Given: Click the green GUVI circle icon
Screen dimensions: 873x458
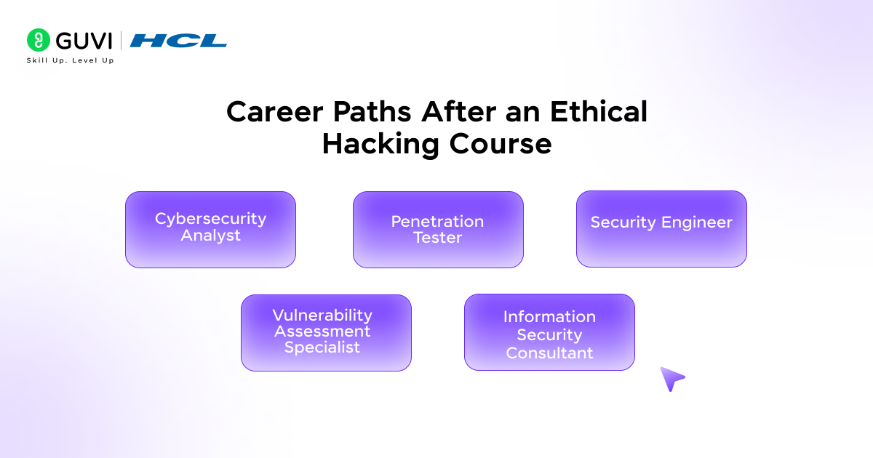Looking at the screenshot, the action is pyautogui.click(x=38, y=40).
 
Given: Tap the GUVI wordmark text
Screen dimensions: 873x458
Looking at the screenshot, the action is pyautogui.click(x=84, y=41).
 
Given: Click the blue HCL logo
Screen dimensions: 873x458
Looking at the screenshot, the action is pyautogui.click(x=178, y=41).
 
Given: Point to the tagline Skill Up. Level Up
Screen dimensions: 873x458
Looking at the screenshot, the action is pyautogui.click(x=70, y=60).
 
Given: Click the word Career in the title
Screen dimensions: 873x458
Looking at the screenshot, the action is pyautogui.click(x=275, y=112).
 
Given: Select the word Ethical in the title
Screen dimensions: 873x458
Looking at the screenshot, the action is pyautogui.click(x=599, y=111).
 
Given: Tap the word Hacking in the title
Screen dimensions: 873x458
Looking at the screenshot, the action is pyautogui.click(x=380, y=145).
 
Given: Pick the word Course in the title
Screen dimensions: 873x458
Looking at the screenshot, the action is pyautogui.click(x=501, y=144).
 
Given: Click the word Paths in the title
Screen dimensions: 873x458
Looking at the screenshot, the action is pyautogui.click(x=372, y=112).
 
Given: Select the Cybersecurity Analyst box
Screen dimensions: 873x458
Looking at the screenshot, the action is pyautogui.click(x=210, y=230).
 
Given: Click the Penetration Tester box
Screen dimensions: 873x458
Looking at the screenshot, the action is pyautogui.click(x=438, y=230).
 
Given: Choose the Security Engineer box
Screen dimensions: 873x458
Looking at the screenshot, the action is pyautogui.click(x=661, y=229).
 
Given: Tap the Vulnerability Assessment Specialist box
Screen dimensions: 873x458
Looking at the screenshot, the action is pyautogui.click(x=326, y=333).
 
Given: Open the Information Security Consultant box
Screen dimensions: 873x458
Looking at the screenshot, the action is pyautogui.click(x=549, y=332).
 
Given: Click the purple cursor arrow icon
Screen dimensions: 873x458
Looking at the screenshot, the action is pyautogui.click(x=672, y=379).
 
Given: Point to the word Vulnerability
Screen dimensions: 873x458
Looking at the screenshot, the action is pyautogui.click(x=322, y=315).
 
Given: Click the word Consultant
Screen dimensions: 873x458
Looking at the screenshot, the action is pyautogui.click(x=549, y=353).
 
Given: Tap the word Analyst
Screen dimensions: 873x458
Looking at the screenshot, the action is pyautogui.click(x=210, y=236).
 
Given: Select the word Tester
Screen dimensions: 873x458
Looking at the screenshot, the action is pyautogui.click(x=438, y=238).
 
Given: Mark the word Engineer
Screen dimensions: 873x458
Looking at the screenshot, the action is pyautogui.click(x=697, y=222).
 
